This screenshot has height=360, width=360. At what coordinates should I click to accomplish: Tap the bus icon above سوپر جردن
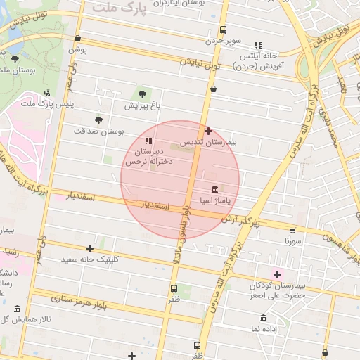pyautogui.click(x=223, y=30)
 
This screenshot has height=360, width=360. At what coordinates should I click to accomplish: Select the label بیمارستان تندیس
pyautogui.click(x=209, y=142)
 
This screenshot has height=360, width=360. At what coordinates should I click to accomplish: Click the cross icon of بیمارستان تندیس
pyautogui.click(x=208, y=131)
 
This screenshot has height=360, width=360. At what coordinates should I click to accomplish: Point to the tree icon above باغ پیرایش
pyautogui.click(x=143, y=94)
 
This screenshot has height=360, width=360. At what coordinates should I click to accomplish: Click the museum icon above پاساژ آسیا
pyautogui.click(x=214, y=190)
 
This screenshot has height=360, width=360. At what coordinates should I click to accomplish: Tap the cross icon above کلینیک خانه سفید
pyautogui.click(x=89, y=248)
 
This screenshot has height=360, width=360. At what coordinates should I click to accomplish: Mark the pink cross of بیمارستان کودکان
pyautogui.click(x=277, y=274)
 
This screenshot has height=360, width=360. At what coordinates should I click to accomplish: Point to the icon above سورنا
pyautogui.click(x=292, y=230)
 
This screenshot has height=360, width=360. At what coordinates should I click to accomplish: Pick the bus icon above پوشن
pyautogui.click(x=77, y=39)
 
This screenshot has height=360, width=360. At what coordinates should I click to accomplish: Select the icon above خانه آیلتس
pyautogui.click(x=259, y=44)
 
